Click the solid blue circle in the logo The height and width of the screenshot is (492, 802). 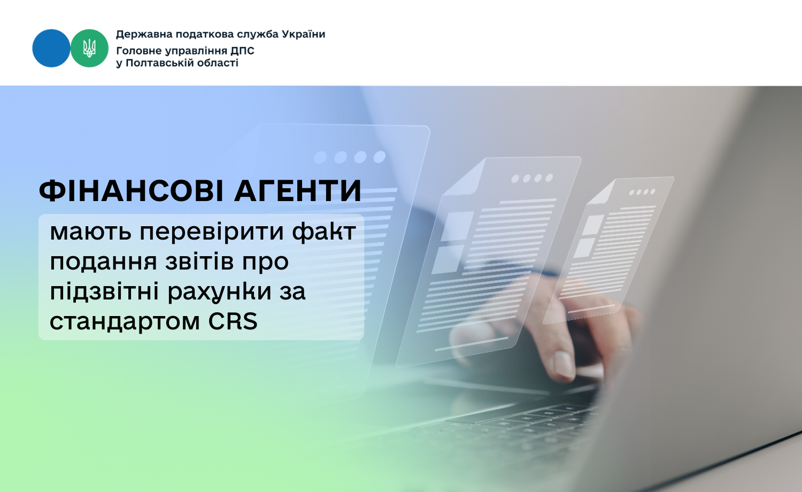[51, 48]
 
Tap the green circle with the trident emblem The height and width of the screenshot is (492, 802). [89, 48]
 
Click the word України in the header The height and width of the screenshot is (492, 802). [304, 34]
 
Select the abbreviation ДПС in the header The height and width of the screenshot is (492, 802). [242, 50]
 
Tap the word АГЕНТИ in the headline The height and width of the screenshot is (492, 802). [297, 191]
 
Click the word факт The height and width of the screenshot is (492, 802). [324, 232]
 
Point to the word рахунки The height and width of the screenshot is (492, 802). [219, 292]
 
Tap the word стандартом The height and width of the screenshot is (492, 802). [125, 322]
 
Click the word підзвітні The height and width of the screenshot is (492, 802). [104, 291]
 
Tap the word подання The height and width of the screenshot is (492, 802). [103, 262]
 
